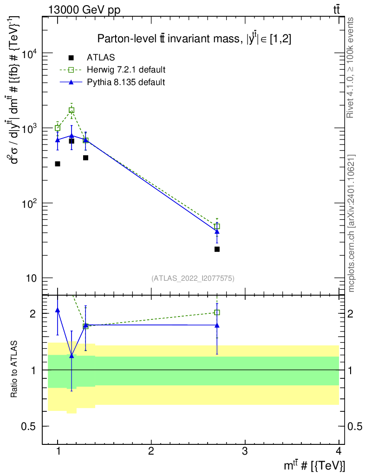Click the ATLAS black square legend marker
[x=71, y=57]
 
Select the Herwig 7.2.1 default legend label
[x=126, y=70]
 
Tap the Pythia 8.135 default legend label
[x=126, y=82]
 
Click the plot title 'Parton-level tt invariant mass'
[x=169, y=39]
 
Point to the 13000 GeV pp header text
[x=84, y=10]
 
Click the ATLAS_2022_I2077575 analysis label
[x=193, y=278]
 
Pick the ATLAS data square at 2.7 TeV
[x=217, y=249]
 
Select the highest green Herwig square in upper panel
[x=72, y=110]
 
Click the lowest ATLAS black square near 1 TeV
[x=57, y=164]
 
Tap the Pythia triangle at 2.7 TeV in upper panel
[x=217, y=231]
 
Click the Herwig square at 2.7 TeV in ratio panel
[x=217, y=312]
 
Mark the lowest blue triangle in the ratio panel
[x=72, y=356]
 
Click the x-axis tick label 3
[x=245, y=451]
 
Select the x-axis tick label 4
[x=339, y=451]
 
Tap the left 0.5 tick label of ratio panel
[x=28, y=427]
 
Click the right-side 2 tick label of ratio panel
[x=351, y=314]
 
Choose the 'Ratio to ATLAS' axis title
[x=14, y=369]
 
